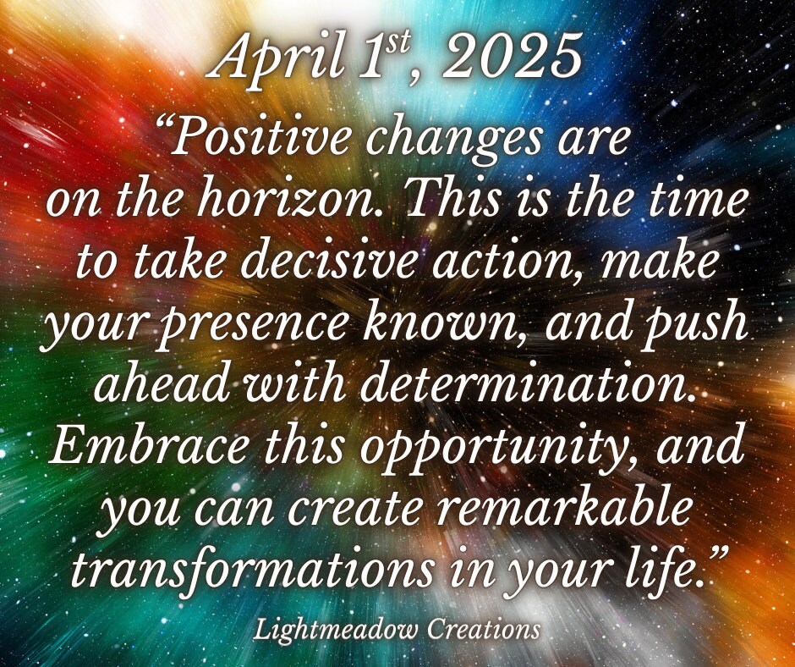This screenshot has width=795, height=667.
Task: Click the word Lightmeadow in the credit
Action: (x=336, y=630)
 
